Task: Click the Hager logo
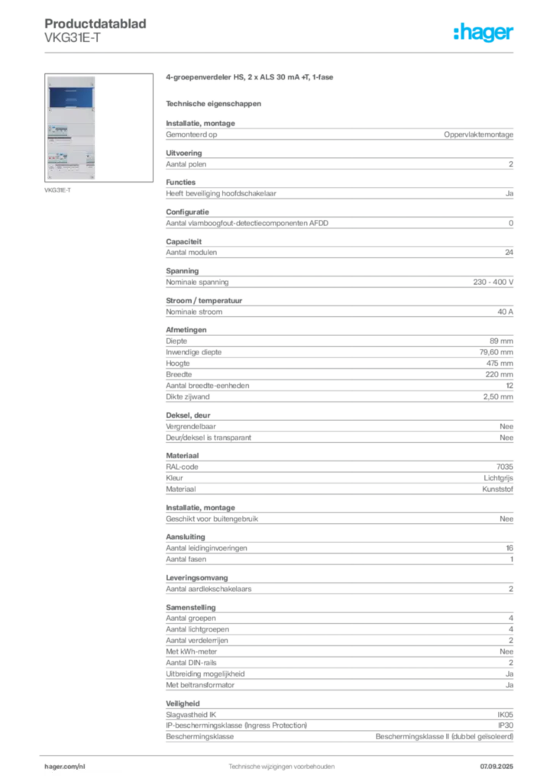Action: coord(483,32)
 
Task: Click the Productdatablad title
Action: coord(95,24)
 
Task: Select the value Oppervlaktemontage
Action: coord(478,134)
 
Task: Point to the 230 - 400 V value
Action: coord(493,283)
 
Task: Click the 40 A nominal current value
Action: coord(505,312)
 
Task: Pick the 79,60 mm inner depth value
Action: coord(496,352)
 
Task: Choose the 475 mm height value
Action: coord(500,364)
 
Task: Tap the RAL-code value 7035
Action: coord(505,467)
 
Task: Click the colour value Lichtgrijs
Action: coord(498,478)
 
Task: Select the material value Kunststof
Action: coord(497,490)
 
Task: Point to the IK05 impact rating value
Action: coord(505,715)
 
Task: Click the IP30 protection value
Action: coord(506,725)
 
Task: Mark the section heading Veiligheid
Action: coord(183,703)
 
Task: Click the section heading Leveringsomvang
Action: coord(197,578)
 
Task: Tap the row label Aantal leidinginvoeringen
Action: coord(206,548)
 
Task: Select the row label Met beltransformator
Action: coord(200,685)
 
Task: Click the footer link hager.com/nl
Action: coord(65,767)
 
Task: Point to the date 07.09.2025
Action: coord(496,767)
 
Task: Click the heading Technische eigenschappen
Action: coord(213,104)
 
